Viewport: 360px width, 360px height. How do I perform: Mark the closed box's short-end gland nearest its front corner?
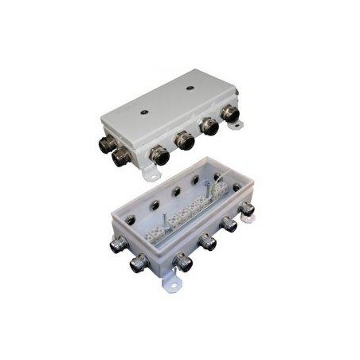[x=122, y=156]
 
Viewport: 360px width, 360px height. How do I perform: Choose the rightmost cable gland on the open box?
[x=246, y=209]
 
